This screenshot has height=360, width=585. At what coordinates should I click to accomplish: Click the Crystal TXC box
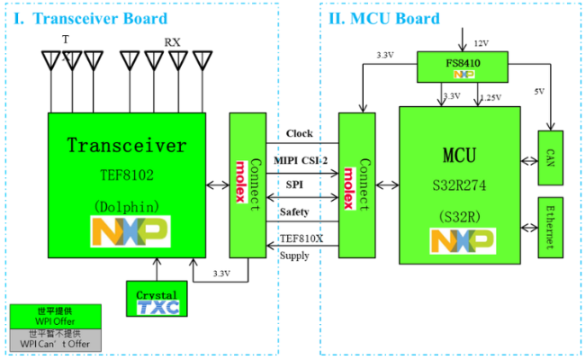point(157,301)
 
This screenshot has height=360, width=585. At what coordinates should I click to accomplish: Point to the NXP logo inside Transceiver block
point(131,231)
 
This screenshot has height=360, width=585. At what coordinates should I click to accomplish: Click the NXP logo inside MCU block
point(462,241)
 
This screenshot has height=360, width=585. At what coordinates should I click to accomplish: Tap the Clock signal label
point(300,134)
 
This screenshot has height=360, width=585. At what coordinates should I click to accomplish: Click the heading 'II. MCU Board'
point(384,19)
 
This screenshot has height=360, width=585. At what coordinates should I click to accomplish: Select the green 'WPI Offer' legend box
point(55,315)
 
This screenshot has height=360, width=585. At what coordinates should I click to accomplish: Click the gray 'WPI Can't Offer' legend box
point(55,338)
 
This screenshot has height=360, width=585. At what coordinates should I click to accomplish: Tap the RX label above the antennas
point(171,42)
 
